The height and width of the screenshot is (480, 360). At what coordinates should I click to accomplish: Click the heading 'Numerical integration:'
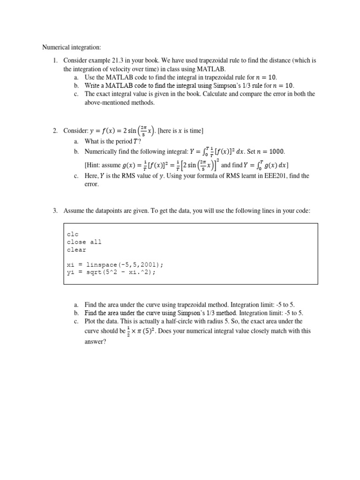(72, 47)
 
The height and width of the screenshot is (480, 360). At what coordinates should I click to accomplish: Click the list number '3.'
(54, 211)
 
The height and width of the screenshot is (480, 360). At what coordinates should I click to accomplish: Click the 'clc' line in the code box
(73, 234)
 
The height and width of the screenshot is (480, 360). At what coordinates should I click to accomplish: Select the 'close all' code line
(84, 242)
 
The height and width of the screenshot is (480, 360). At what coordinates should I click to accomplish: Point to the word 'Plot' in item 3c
(91, 321)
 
